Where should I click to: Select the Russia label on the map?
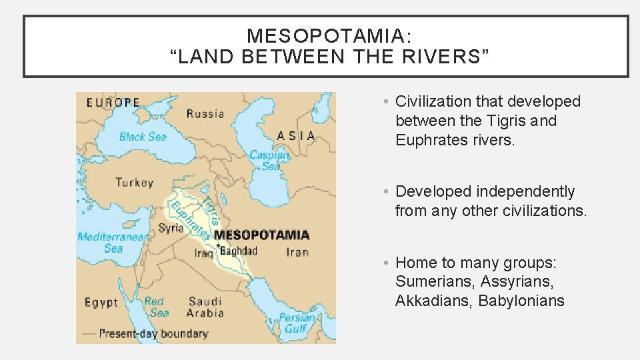205,113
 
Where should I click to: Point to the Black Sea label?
142,137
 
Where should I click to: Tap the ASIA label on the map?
295,135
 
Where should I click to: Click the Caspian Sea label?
270,161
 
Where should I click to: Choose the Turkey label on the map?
134,182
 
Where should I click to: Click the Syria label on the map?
171,228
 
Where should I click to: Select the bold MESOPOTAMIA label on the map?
261,235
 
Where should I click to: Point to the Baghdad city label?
238,251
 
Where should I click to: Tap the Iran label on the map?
297,251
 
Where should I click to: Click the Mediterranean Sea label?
113,242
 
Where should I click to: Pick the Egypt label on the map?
101,302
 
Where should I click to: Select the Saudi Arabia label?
205,307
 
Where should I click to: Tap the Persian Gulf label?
297,323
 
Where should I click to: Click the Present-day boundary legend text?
153,333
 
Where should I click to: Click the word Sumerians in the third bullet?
433,282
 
